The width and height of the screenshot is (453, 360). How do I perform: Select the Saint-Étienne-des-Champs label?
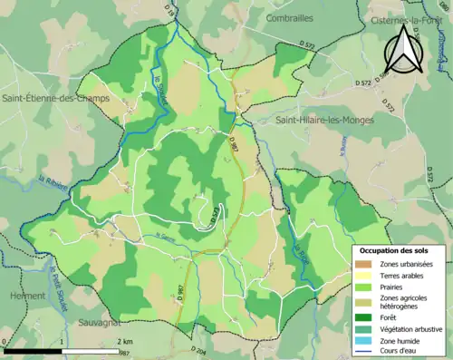(50, 97)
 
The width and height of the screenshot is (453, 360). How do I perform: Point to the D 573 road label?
(216, 213)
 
